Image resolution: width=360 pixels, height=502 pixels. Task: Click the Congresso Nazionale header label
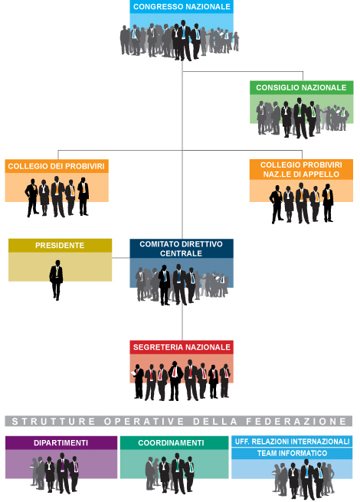point(182,7)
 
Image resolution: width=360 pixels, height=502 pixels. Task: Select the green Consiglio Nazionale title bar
point(301,87)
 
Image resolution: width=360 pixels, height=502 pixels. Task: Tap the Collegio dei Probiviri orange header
point(57,166)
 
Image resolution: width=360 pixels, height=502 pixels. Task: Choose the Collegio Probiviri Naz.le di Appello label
point(301,169)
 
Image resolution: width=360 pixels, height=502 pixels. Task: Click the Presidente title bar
point(60,246)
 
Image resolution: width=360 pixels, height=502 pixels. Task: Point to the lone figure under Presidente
point(57,280)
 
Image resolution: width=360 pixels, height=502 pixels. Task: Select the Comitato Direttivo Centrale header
point(182,249)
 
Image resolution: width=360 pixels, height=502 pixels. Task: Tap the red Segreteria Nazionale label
point(182,347)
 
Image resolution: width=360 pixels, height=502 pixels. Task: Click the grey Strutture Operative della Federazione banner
point(178,421)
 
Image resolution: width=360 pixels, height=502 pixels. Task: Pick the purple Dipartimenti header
point(61,443)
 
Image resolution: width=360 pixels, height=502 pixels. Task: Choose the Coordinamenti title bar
point(174,443)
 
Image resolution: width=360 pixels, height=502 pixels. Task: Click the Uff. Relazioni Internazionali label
point(292,442)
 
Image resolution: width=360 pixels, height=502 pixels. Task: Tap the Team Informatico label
point(292,453)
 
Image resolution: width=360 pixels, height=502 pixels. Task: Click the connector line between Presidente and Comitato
point(121,258)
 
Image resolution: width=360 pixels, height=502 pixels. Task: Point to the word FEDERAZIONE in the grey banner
point(296,422)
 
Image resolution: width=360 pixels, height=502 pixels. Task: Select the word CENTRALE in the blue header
point(181,253)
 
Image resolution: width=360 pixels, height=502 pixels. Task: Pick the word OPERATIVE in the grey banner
point(144,422)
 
